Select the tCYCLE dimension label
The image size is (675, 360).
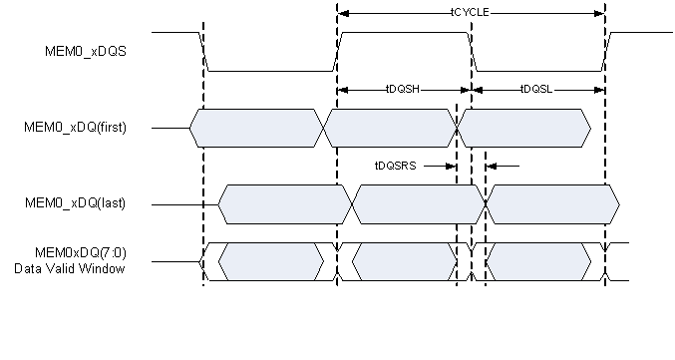471,13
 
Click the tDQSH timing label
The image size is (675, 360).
403,89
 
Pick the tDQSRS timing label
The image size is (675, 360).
394,166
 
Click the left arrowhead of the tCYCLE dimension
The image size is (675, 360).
343,13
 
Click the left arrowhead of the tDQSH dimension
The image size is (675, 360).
343,90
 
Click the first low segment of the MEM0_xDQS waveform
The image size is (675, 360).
269,71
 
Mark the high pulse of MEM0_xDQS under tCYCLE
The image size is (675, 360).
404,32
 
